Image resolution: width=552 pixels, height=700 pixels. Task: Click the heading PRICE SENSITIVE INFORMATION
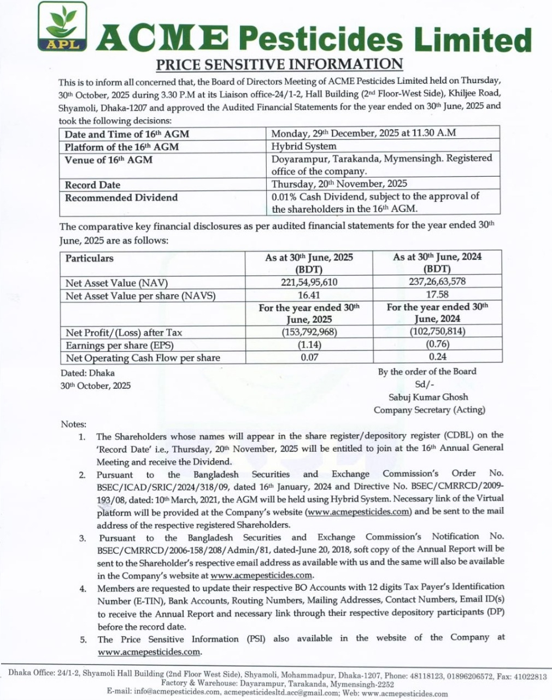click(280, 65)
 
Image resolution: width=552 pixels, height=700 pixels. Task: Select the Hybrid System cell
click(304, 146)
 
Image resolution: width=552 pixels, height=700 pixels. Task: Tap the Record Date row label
click(92, 185)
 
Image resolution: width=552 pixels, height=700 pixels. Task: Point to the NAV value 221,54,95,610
click(309, 282)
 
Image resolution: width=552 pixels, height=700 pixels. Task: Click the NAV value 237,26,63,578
click(437, 282)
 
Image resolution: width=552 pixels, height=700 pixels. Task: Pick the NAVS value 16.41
click(309, 295)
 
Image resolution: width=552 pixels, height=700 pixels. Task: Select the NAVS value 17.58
click(437, 295)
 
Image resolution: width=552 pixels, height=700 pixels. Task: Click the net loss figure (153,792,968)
click(309, 332)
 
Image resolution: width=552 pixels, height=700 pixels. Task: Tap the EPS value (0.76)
click(437, 344)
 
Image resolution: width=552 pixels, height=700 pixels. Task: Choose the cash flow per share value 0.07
click(309, 357)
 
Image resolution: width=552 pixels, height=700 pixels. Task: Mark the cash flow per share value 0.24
click(437, 357)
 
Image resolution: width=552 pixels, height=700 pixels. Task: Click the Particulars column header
click(90, 258)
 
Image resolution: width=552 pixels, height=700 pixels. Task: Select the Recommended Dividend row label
click(121, 197)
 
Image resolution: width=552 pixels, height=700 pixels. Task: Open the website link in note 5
click(149, 652)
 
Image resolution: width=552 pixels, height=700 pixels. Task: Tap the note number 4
click(83, 588)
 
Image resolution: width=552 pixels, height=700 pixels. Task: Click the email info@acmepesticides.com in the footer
click(177, 692)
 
